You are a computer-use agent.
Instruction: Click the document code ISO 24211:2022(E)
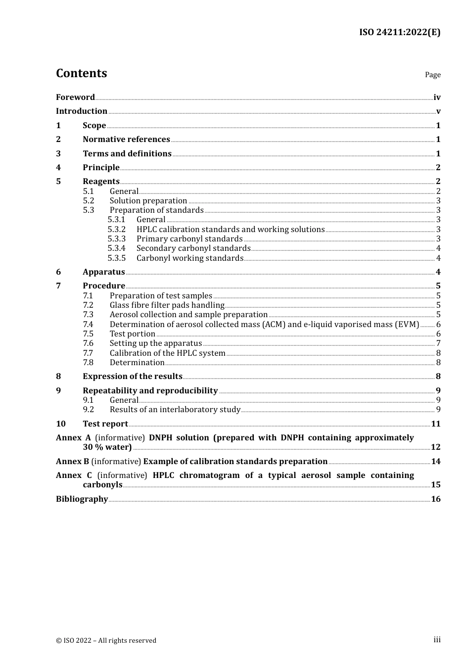click(x=399, y=32)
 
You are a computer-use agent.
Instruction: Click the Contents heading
click(x=81, y=73)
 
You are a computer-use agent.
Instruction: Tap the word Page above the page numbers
click(x=432, y=75)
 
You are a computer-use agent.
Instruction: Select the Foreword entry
click(x=75, y=97)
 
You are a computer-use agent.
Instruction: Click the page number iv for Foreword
click(x=437, y=97)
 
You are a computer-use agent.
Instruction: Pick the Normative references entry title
click(x=126, y=140)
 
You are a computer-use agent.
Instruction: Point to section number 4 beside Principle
click(x=58, y=168)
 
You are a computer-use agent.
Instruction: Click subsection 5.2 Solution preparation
click(x=148, y=201)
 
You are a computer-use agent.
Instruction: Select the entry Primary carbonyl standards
click(x=189, y=239)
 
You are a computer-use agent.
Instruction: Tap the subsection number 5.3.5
click(x=117, y=258)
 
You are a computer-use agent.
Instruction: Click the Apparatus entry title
click(x=103, y=272)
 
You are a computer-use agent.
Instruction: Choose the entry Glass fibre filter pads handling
click(x=167, y=305)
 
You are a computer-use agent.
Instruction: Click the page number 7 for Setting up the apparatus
click(x=438, y=343)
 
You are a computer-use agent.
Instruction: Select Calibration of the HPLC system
click(x=167, y=353)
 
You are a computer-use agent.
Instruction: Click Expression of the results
click(x=132, y=377)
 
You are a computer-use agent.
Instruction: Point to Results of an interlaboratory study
click(x=175, y=410)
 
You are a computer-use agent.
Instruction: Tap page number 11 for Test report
click(x=435, y=424)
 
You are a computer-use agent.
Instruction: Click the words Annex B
click(x=72, y=462)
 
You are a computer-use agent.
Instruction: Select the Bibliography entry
click(x=82, y=499)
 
